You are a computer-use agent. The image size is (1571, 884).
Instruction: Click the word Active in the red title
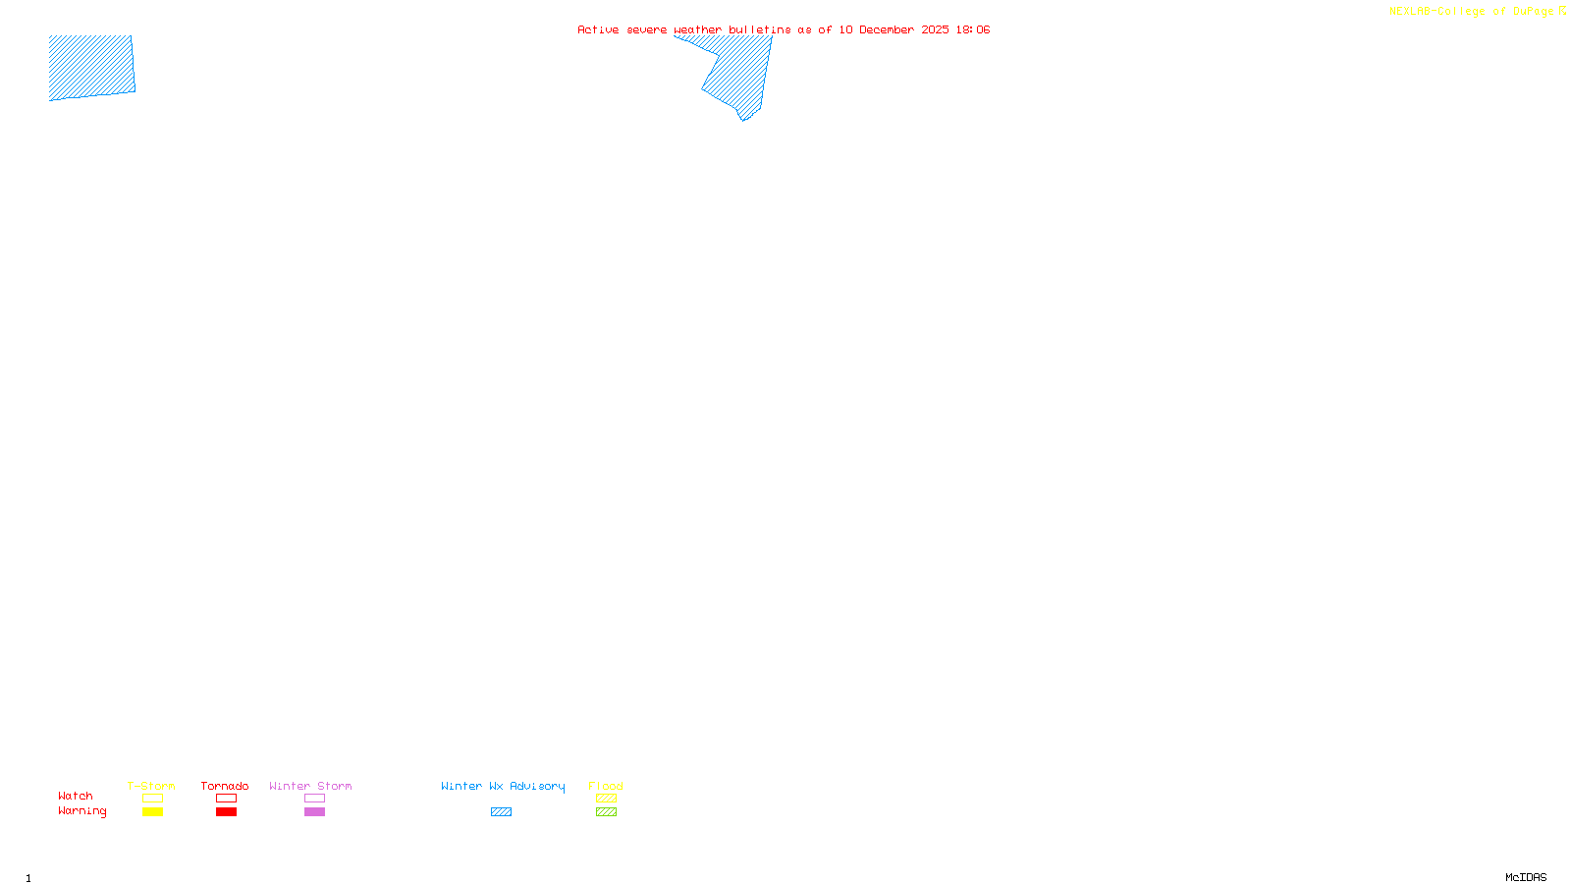click(598, 29)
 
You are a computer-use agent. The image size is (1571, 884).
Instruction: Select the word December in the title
click(886, 29)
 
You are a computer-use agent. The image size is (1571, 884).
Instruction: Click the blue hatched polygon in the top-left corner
click(91, 67)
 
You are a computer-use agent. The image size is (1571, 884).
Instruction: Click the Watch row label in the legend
click(76, 797)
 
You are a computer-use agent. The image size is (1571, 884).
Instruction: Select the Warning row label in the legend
click(82, 811)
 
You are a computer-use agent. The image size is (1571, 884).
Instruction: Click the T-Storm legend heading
click(151, 786)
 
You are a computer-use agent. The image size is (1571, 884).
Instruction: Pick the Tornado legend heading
click(225, 786)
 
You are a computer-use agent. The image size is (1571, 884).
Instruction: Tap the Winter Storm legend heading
click(310, 786)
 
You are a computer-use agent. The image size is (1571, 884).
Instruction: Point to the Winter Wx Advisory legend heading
click(503, 786)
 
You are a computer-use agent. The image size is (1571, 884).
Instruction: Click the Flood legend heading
click(606, 786)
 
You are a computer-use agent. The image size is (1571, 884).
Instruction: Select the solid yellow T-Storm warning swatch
click(152, 812)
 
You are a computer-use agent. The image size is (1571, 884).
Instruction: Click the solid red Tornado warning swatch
click(227, 812)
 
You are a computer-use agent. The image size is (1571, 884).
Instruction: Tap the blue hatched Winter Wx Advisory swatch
click(501, 812)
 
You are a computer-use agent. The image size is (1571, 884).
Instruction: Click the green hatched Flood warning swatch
click(606, 812)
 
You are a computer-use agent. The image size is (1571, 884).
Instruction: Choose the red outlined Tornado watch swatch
click(227, 799)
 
